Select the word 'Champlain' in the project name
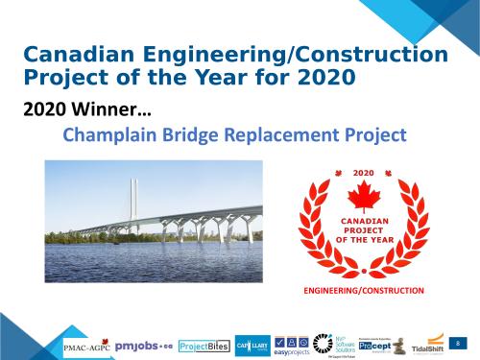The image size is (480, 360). [x=110, y=134]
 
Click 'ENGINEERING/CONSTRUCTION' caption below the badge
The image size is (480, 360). [x=362, y=289]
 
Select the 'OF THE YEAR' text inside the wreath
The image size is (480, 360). [x=362, y=239]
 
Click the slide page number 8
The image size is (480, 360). [x=459, y=343]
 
